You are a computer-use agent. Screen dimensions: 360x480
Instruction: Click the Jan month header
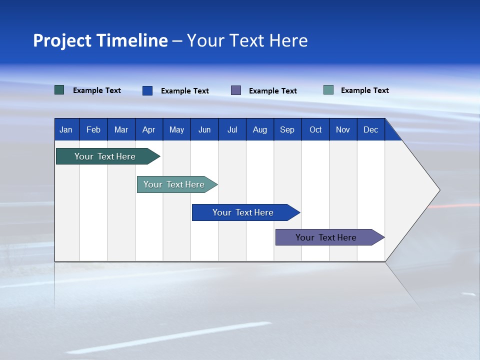(x=66, y=130)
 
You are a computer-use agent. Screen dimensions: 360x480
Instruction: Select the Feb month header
(x=93, y=130)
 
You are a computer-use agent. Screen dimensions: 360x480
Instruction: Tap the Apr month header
(x=149, y=130)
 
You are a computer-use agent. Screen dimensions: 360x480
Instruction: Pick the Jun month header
(x=204, y=130)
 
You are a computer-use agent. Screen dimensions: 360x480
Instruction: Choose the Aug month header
(x=260, y=130)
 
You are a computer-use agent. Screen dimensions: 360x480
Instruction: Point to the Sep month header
(x=287, y=130)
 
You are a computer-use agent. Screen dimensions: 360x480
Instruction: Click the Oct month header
(x=315, y=130)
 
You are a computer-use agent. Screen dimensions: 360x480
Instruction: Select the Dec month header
(x=371, y=130)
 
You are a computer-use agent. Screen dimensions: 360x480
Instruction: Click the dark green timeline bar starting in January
(x=105, y=156)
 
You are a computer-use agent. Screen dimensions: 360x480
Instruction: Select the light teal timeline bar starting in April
(x=174, y=184)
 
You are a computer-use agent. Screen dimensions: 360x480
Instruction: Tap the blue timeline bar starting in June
(x=243, y=212)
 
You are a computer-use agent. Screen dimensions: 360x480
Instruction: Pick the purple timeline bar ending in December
(x=326, y=237)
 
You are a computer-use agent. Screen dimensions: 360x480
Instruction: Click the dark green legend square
(x=59, y=90)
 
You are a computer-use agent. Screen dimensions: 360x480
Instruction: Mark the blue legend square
(x=147, y=90)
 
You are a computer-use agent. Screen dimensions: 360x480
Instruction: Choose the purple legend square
(x=236, y=90)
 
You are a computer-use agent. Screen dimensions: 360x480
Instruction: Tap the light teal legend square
(x=328, y=90)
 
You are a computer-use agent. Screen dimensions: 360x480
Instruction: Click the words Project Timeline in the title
(x=100, y=40)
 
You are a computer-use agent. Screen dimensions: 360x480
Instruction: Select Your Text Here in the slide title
(x=247, y=40)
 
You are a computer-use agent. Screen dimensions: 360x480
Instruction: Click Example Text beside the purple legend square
(x=273, y=91)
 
